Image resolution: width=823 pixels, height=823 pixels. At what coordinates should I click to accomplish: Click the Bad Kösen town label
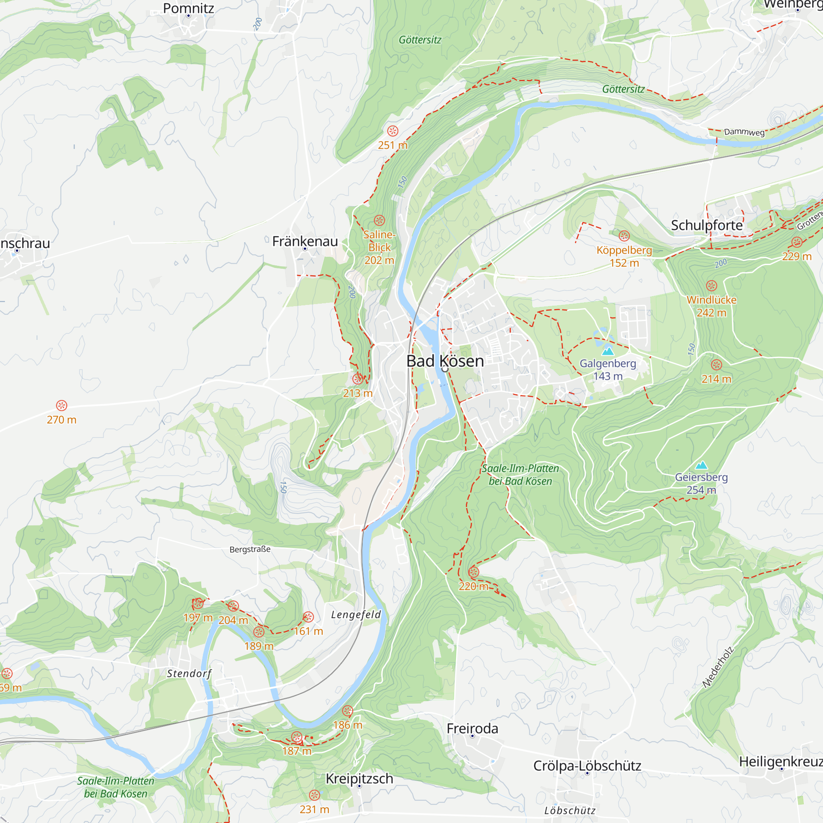[x=445, y=361]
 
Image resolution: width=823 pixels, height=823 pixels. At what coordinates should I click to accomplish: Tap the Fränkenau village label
[x=305, y=241]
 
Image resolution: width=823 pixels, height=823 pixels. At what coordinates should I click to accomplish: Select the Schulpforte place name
[x=707, y=225]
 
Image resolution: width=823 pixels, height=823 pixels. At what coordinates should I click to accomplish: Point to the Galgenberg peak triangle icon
[x=608, y=351]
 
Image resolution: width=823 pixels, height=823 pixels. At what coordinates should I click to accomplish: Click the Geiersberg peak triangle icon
[x=701, y=465]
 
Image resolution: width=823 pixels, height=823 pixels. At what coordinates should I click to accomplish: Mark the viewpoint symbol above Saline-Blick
[x=379, y=220]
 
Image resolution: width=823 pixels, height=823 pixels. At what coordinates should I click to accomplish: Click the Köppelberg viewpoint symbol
[x=624, y=235]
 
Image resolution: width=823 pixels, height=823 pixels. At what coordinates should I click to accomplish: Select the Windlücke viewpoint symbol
[x=711, y=286]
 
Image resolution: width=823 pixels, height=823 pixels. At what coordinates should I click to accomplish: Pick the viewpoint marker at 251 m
[x=393, y=131]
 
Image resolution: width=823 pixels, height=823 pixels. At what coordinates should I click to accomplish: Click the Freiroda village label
[x=472, y=728]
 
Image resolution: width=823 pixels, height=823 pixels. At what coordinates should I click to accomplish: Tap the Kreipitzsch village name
[x=359, y=778]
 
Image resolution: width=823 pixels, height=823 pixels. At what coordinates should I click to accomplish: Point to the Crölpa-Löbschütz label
[x=587, y=765]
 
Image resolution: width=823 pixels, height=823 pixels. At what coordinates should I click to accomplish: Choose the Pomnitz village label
[x=188, y=8]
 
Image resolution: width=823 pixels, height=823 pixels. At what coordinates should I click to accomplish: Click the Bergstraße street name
[x=250, y=549]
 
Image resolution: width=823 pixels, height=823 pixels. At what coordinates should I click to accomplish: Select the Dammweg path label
[x=744, y=132]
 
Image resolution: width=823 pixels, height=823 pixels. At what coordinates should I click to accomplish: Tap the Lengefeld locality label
[x=356, y=614]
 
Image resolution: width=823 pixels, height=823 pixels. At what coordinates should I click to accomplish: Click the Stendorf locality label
[x=189, y=674]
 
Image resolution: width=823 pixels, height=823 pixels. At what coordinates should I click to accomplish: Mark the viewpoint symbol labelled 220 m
[x=473, y=572]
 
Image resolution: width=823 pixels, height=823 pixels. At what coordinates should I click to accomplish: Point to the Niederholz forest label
[x=718, y=667]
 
